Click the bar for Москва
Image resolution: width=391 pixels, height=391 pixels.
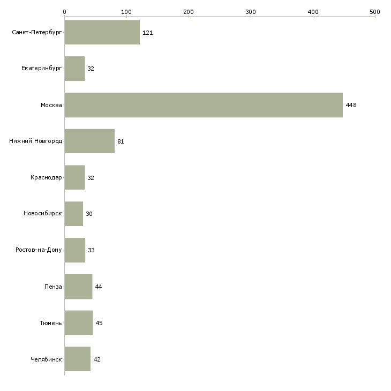pyautogui.click(x=204, y=105)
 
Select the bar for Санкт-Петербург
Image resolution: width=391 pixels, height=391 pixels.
pyautogui.click(x=102, y=32)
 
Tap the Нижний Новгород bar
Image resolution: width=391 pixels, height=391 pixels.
pyautogui.click(x=89, y=141)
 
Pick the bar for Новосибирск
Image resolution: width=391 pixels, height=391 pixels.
pyautogui.click(x=74, y=214)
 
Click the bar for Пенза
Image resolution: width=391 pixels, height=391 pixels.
pyautogui.click(x=78, y=287)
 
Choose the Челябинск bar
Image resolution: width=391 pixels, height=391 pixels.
pyautogui.click(x=78, y=359)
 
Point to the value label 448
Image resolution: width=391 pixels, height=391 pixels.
pyautogui.click(x=351, y=105)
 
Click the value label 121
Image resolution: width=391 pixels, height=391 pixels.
pyautogui.click(x=148, y=33)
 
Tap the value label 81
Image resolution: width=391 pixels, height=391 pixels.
pyautogui.click(x=121, y=141)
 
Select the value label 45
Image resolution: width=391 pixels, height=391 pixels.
pyautogui.click(x=99, y=323)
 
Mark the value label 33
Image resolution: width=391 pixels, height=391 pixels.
pyautogui.click(x=91, y=250)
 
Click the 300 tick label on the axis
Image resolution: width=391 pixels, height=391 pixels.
pyautogui.click(x=251, y=12)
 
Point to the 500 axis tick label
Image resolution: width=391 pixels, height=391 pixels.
pyautogui.click(x=375, y=12)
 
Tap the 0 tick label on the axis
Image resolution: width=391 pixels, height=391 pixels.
pyautogui.click(x=65, y=12)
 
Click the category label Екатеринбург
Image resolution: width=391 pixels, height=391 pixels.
pyautogui.click(x=41, y=69)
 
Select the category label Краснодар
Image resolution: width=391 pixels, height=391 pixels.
pyautogui.click(x=46, y=177)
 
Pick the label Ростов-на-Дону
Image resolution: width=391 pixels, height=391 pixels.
pyautogui.click(x=39, y=250)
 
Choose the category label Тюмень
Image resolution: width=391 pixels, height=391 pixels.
pyautogui.click(x=51, y=323)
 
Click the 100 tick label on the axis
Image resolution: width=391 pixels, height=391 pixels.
pyautogui.click(x=126, y=12)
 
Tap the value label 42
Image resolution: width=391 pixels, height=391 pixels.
pyautogui.click(x=97, y=359)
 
